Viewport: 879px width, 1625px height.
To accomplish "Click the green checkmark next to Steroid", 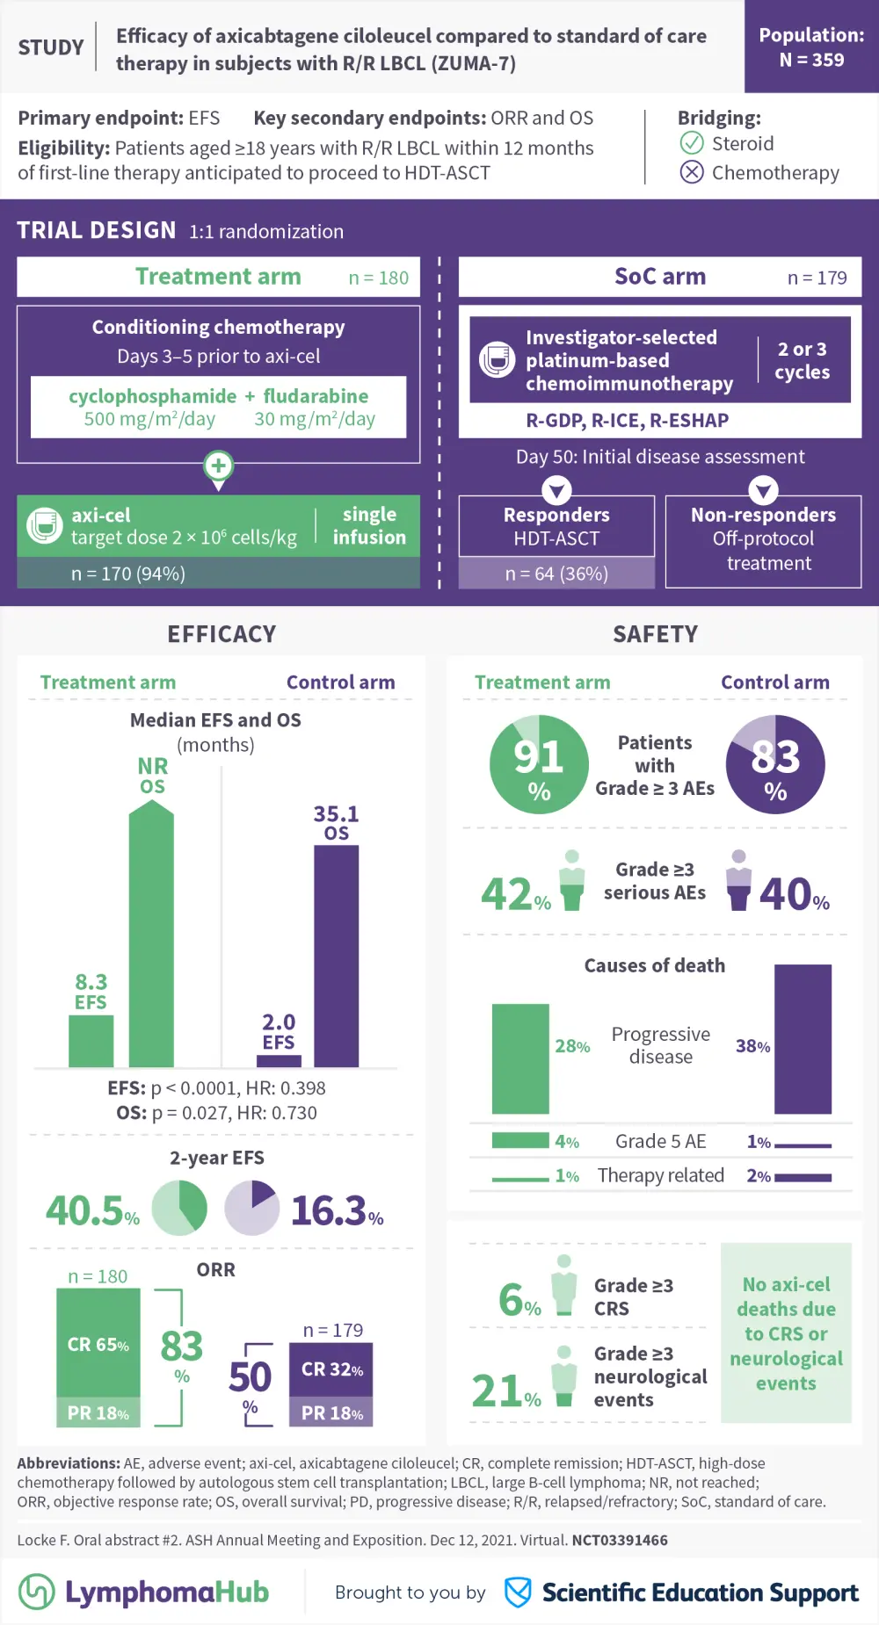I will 692,143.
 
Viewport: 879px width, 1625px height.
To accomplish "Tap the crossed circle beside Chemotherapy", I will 692,172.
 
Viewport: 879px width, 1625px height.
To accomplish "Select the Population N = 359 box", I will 811,47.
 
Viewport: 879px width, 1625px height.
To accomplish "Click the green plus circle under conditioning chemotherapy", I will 218,465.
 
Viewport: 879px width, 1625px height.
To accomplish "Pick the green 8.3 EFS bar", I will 91,1041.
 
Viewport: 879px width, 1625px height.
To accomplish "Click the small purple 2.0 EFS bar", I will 279,1060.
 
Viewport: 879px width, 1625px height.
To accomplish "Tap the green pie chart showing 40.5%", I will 179,1208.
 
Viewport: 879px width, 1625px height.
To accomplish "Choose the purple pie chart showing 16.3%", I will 252,1208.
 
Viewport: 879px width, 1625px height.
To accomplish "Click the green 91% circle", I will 539,764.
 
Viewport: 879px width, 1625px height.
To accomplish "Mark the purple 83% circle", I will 775,764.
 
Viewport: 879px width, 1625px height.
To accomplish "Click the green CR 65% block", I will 98,1343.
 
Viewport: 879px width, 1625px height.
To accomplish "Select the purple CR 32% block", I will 331,1369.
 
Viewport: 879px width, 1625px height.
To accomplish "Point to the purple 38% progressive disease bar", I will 803,1039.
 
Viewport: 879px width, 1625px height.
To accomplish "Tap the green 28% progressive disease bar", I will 520,1058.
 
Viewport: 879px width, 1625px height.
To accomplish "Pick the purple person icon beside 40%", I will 739,880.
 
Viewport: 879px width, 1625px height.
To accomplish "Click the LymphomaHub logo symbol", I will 37,1591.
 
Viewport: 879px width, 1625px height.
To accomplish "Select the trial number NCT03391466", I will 620,1540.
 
